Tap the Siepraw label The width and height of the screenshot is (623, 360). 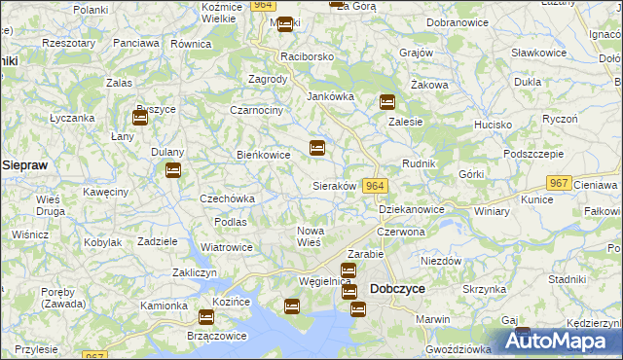coord(25,165)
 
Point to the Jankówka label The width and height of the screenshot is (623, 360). coord(331,96)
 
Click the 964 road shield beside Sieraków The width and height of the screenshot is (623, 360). coord(376,186)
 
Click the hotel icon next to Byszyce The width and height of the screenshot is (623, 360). coord(140,118)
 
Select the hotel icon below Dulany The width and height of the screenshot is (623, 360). coord(172,171)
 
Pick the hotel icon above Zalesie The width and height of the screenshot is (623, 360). coord(387,101)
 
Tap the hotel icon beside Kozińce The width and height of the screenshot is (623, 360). coord(206,317)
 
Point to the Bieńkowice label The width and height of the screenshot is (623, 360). coord(265,154)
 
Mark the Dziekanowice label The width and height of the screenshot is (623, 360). coord(411,209)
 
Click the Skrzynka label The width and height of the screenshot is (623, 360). coord(484,289)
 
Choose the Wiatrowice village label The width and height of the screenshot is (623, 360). coord(227,246)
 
